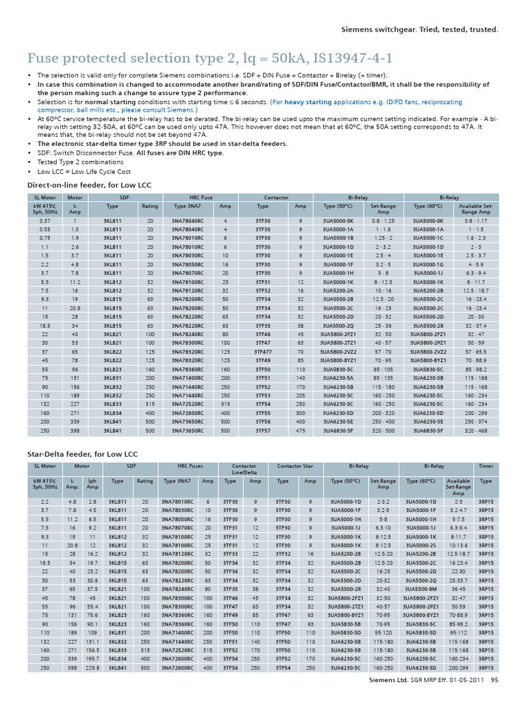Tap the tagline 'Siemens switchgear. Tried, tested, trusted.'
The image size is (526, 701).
coord(419,30)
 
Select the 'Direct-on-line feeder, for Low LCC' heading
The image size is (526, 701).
coord(88,185)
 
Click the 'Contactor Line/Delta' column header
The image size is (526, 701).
coord(245,469)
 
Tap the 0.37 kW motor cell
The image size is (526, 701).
coord(45,221)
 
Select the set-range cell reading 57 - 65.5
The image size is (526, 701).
coord(475,352)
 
